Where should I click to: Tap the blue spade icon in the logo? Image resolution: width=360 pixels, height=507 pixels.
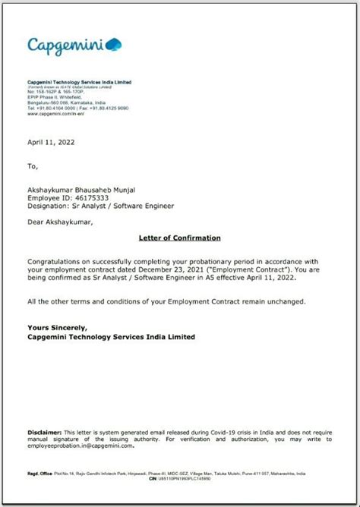coord(113,44)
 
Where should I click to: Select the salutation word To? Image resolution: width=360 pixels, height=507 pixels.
coord(32,165)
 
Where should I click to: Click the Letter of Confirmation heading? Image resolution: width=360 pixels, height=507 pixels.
coord(179,238)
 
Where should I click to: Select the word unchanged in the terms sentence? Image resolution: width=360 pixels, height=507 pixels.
coord(283,301)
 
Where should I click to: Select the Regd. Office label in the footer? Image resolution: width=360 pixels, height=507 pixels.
coord(39,473)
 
